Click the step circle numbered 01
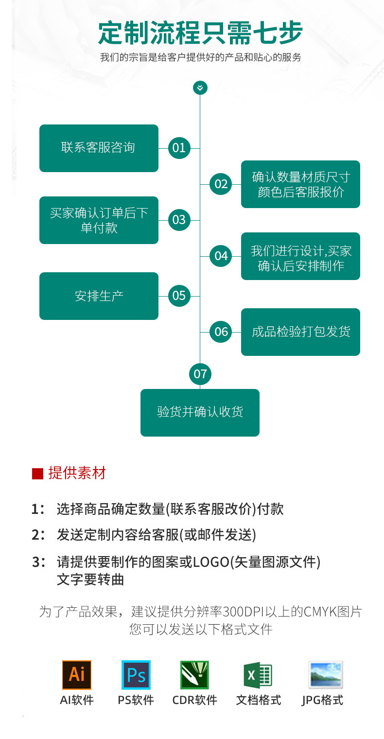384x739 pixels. coord(179,148)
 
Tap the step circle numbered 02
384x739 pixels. coord(221,184)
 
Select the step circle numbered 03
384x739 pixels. coord(179,220)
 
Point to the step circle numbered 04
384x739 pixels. coord(221,256)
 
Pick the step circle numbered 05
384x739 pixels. coord(179,296)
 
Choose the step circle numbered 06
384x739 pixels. coord(221,332)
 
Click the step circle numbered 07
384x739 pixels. coord(200,374)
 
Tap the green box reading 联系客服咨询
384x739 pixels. coord(99,148)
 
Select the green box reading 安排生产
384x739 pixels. coord(99,296)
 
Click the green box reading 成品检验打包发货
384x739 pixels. coord(300,332)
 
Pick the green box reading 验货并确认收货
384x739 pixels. coord(200,412)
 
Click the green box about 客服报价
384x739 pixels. coord(300,184)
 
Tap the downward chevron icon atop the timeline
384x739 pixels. coord(200,88)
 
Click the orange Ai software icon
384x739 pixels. coord(77,675)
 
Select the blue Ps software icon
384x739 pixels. coord(136,675)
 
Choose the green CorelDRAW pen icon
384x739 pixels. coord(194,675)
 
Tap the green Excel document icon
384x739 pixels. coord(258,675)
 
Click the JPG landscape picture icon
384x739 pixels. coord(325,675)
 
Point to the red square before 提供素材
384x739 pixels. coord(37,474)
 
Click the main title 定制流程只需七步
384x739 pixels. coord(200,33)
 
